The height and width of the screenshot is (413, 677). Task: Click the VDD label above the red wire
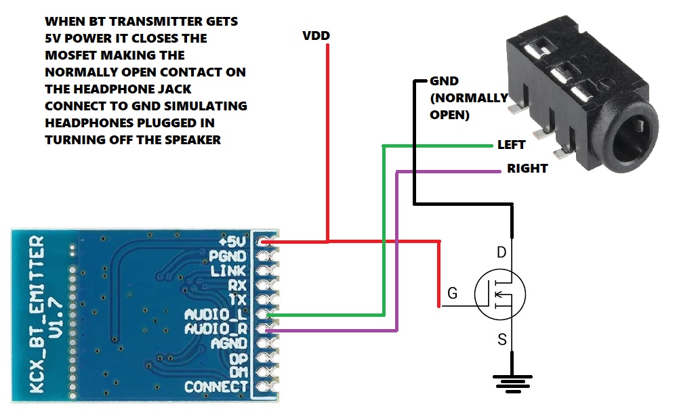316,35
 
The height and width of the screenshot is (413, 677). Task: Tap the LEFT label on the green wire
511,145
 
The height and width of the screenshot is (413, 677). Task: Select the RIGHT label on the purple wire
527,169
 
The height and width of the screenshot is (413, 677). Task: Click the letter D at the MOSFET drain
501,252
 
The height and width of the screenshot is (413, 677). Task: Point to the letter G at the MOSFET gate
453,293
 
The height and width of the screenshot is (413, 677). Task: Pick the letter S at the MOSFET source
501,340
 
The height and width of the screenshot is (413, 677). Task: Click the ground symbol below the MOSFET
512,384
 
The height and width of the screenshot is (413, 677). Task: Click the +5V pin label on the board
232,242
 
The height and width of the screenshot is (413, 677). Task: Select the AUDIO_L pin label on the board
216,315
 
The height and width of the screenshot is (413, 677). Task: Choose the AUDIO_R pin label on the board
216,329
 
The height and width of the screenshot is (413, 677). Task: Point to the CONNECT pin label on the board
216,387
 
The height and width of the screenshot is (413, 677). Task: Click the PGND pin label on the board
228,257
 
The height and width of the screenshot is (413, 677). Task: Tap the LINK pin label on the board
228,271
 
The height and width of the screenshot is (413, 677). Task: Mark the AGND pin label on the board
229,343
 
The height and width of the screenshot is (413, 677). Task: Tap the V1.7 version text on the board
56,317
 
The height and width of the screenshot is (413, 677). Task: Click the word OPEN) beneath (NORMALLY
449,115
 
